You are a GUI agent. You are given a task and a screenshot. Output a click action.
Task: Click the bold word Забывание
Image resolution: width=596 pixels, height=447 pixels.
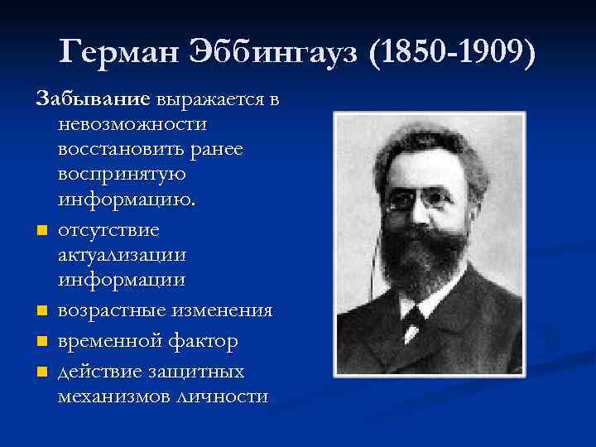click(92, 100)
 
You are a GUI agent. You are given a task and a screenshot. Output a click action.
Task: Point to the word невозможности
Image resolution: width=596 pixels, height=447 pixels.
click(132, 124)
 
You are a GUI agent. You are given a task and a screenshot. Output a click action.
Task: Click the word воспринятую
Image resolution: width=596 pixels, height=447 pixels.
click(122, 175)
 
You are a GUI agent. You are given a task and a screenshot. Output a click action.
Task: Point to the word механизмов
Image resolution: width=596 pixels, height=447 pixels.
click(112, 396)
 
